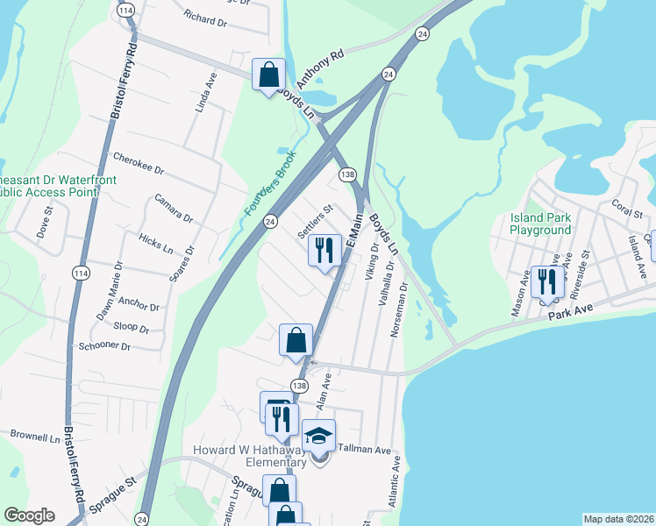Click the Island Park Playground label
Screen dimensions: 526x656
pyautogui.click(x=540, y=224)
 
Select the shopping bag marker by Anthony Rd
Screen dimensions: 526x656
pyautogui.click(x=268, y=75)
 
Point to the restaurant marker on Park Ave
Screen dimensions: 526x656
pyautogui.click(x=545, y=282)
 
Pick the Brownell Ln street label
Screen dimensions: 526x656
pyautogui.click(x=35, y=435)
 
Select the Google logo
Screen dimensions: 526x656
pyautogui.click(x=29, y=515)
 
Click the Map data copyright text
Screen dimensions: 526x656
pyautogui.click(x=617, y=519)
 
